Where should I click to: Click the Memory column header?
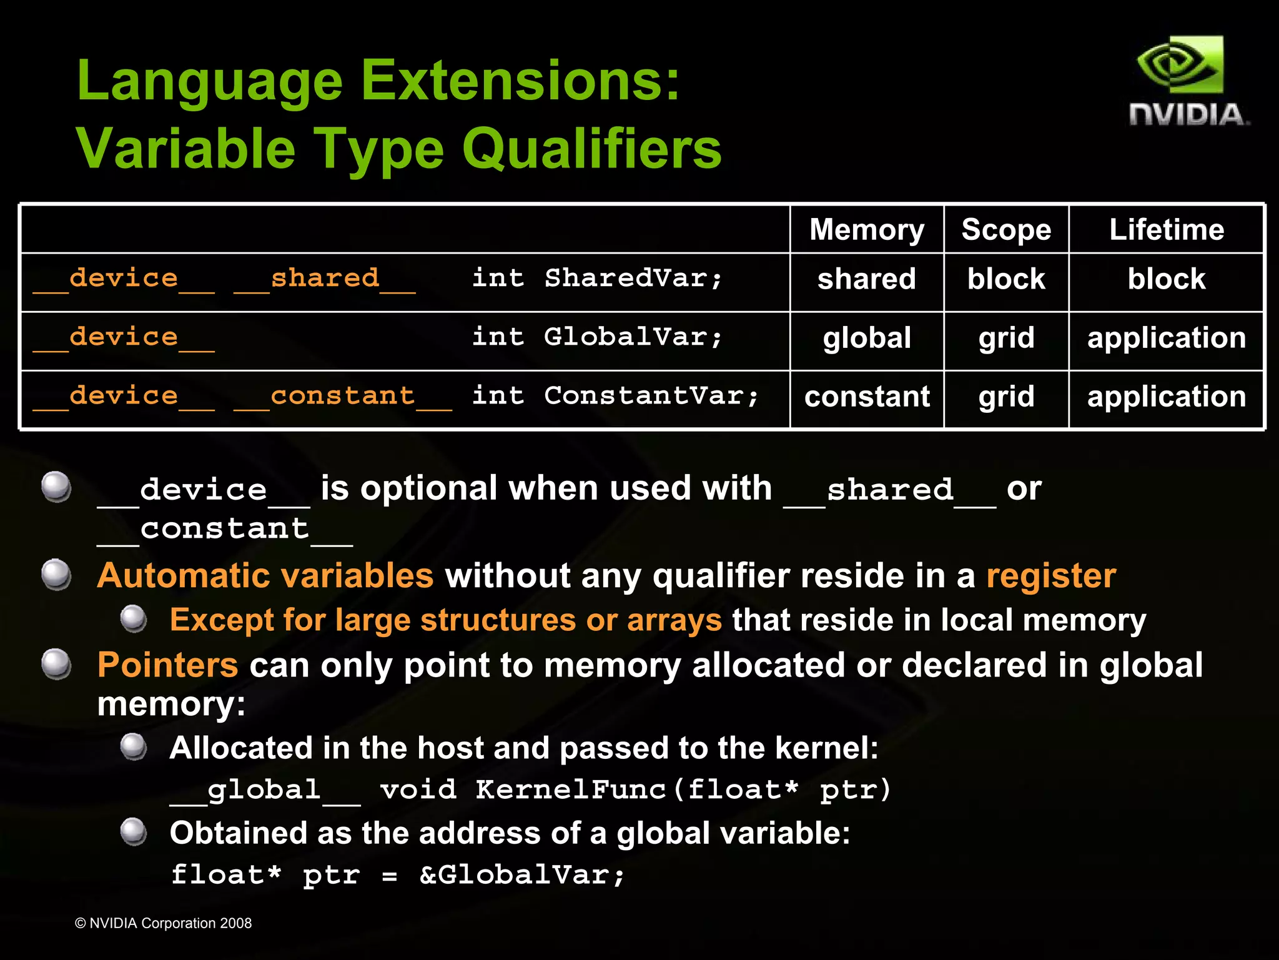coord(867,230)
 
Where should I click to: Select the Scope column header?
coord(1006,230)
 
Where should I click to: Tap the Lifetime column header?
coord(1167,230)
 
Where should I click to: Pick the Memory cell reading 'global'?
coord(867,338)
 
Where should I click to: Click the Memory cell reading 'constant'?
coord(867,397)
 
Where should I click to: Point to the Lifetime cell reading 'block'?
coord(1167,279)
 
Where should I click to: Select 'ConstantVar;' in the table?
coord(651,396)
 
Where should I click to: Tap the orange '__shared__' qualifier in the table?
coord(325,279)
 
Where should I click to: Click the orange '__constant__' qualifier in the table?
coord(342,397)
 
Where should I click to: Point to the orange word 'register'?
coord(1051,575)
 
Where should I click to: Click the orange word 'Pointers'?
coord(167,665)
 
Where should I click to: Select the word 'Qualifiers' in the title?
coord(591,149)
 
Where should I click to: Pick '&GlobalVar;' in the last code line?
coord(522,874)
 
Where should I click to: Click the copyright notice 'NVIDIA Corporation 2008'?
coord(170,923)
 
